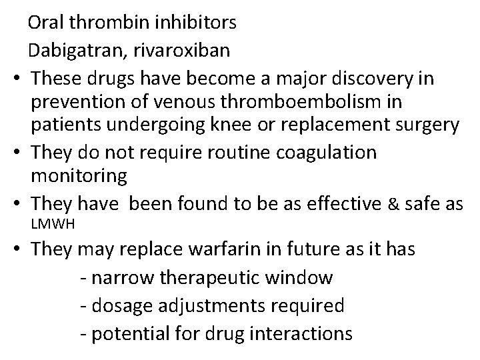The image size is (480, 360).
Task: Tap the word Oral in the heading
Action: point(46,23)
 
